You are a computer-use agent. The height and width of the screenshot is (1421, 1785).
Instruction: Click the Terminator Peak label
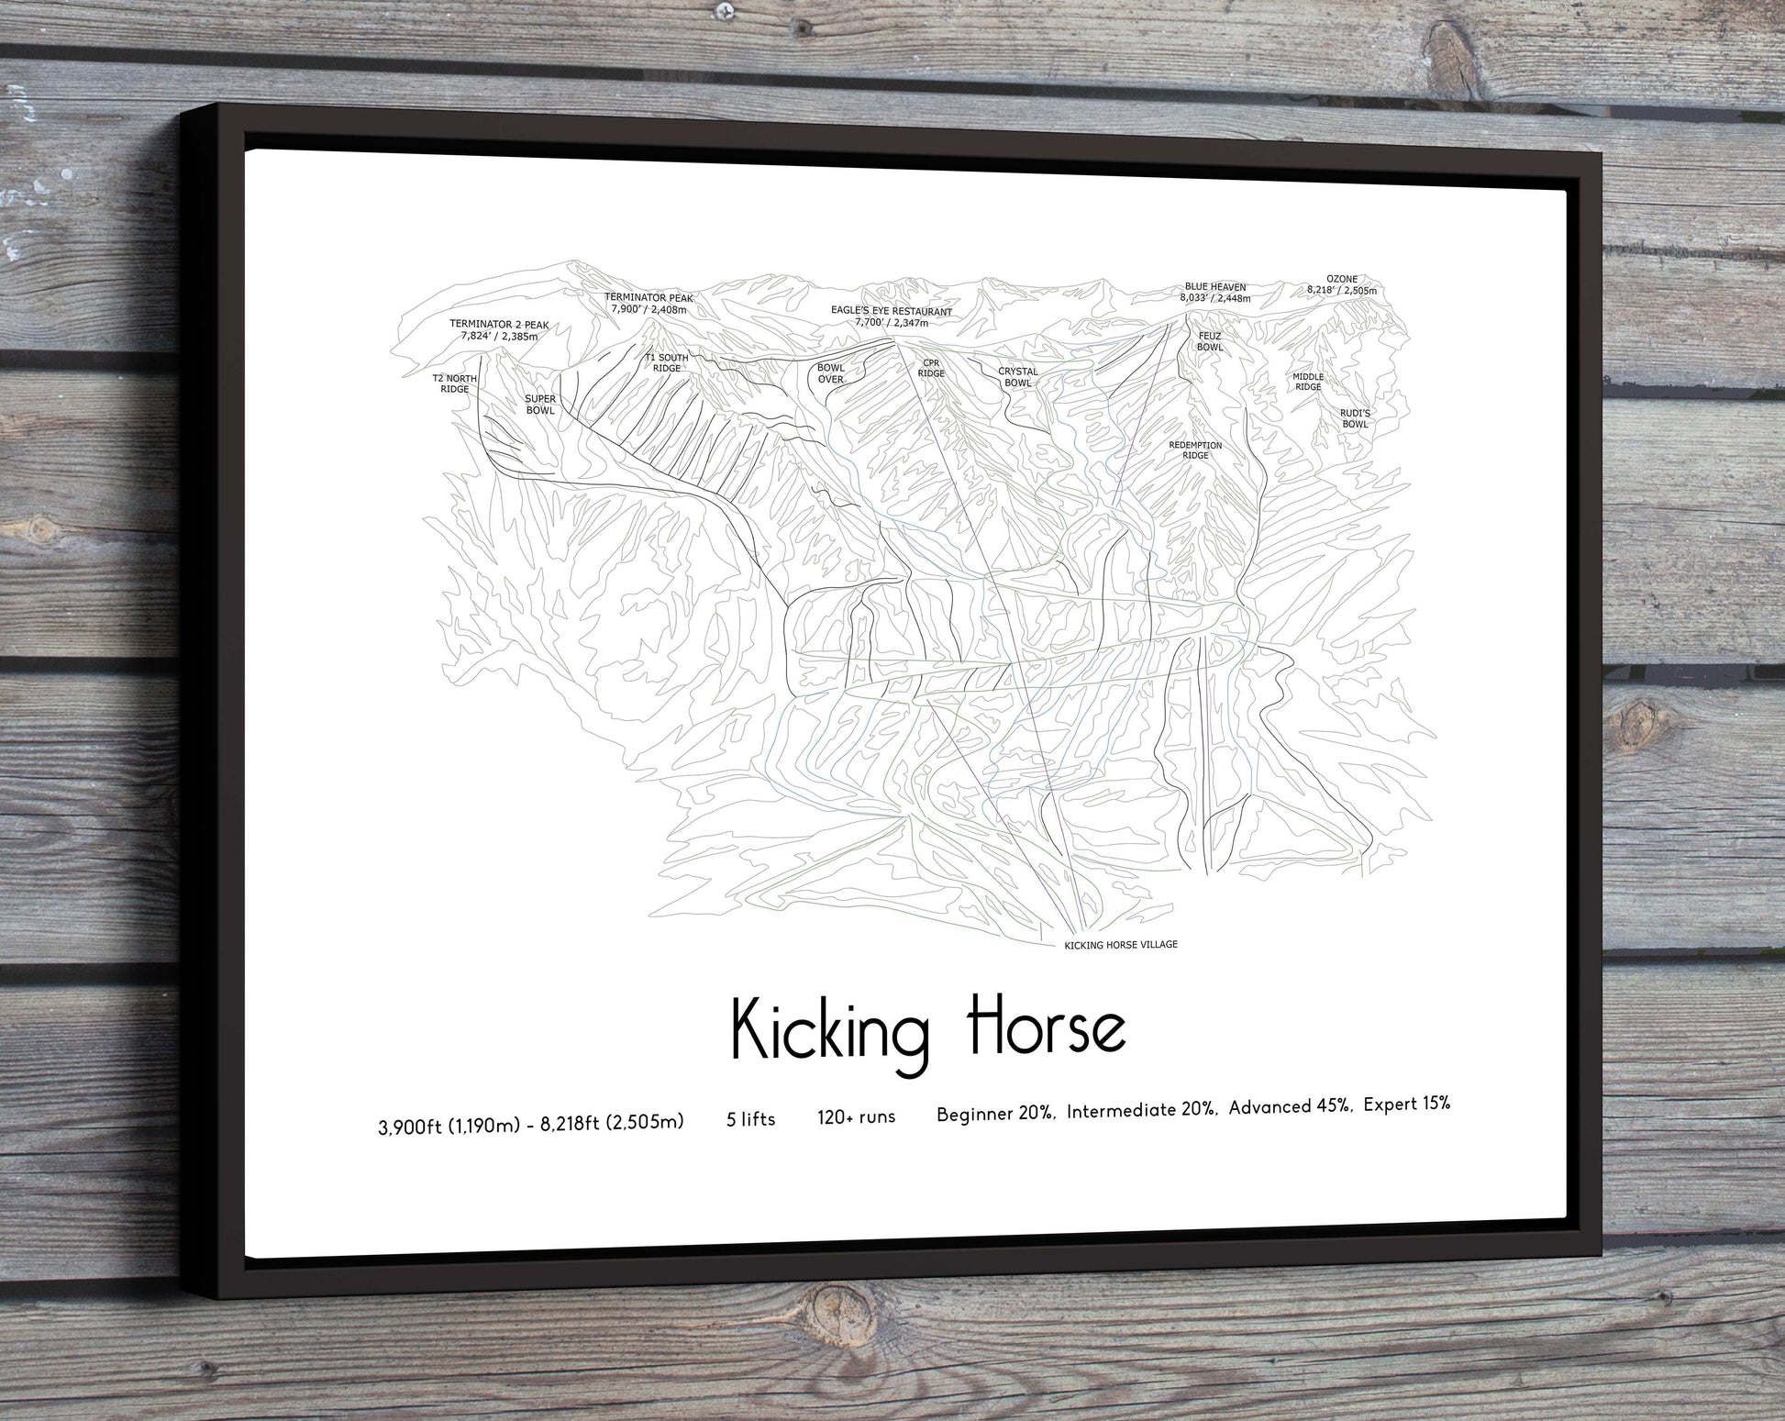(649, 304)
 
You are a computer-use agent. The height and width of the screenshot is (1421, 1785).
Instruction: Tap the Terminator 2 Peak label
(499, 330)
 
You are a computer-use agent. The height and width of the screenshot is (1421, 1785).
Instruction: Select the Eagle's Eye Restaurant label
(891, 316)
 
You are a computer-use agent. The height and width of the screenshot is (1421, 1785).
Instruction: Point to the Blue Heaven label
(1214, 293)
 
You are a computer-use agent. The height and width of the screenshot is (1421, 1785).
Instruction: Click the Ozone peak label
(1342, 285)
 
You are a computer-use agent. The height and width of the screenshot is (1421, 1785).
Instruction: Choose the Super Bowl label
(540, 405)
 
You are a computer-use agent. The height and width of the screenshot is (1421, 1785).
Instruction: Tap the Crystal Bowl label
(1018, 377)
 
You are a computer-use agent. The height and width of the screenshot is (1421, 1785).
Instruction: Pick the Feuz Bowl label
(1210, 341)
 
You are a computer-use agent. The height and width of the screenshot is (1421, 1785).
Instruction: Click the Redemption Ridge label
(1195, 450)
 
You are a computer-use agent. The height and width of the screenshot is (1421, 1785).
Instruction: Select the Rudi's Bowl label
(1355, 418)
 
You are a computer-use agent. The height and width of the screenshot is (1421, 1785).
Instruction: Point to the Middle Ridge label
(1308, 382)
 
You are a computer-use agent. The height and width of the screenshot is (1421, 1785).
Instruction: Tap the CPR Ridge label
(931, 368)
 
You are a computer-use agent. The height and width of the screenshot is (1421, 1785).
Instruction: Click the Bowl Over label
(831, 373)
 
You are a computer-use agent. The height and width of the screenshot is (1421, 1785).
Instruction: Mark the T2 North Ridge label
(455, 383)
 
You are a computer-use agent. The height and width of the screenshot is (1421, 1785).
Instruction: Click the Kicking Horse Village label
(1120, 945)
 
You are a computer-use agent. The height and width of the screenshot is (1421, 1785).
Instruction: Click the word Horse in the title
(1047, 1028)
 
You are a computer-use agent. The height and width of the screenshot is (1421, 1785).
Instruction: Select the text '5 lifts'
(750, 1119)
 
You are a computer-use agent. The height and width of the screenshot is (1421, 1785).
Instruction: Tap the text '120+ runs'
(856, 1116)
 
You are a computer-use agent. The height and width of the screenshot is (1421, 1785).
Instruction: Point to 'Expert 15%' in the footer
(1406, 1105)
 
